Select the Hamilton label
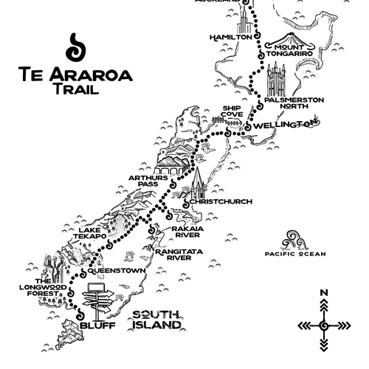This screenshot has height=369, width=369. tap(231, 37)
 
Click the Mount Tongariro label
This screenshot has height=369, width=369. tap(291, 49)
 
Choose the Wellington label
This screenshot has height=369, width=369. tap(281, 126)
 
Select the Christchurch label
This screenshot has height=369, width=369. tap(221, 201)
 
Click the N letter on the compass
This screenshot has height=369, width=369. tap(323, 293)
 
